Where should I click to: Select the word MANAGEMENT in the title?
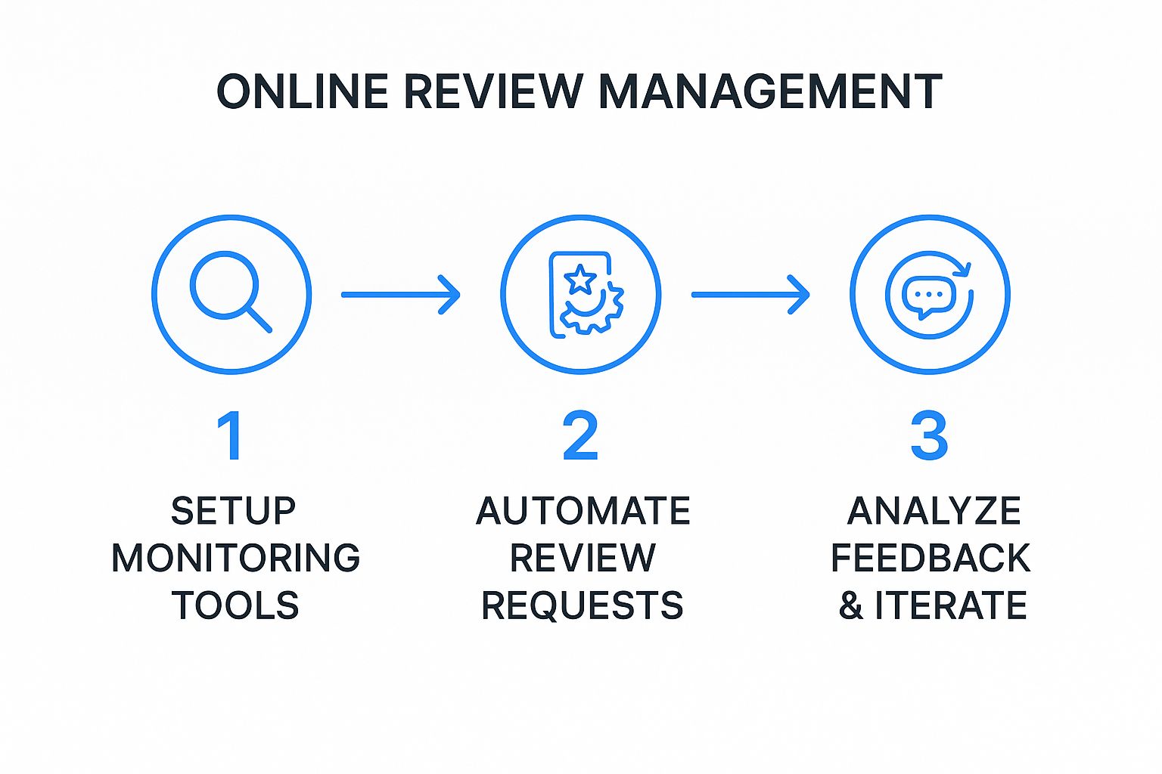click(769, 91)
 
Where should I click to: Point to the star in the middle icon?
click(580, 279)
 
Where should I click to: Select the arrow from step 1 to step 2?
click(400, 294)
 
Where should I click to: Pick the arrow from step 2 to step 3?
click(750, 294)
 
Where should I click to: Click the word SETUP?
click(233, 511)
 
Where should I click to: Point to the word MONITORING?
click(235, 559)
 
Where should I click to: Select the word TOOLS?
click(235, 605)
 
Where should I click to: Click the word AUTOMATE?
click(583, 511)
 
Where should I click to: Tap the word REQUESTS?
click(583, 605)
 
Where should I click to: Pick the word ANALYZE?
click(934, 511)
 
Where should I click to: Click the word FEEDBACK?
click(931, 559)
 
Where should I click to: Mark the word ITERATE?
click(951, 605)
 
